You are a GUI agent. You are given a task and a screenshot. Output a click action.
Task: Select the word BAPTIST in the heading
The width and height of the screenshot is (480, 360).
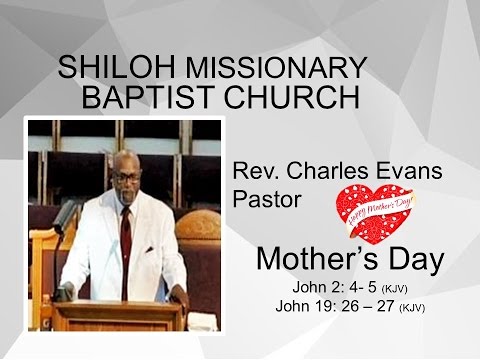[x=141, y=98]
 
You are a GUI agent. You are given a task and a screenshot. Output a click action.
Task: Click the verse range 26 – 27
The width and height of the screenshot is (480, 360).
[x=369, y=306]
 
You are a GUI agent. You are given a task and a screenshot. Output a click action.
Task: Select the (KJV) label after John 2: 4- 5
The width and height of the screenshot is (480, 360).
[x=395, y=289]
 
